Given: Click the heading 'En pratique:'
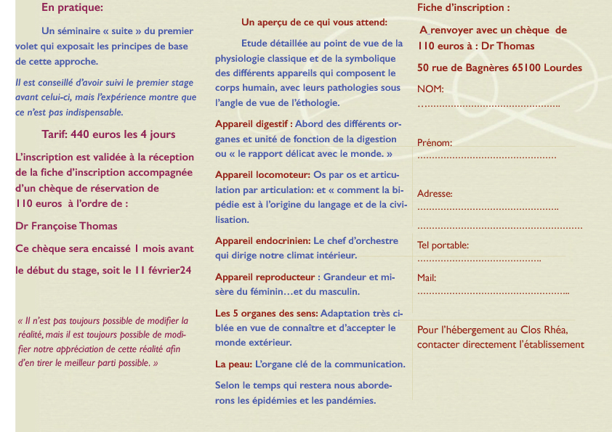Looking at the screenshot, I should [x=72, y=8].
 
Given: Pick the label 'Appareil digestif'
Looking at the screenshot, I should [x=251, y=123].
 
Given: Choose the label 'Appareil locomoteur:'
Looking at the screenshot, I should [x=262, y=174].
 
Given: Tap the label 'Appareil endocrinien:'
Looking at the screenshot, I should [x=263, y=240].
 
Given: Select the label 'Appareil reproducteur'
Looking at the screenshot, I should [x=265, y=277].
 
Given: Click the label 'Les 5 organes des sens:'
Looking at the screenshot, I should [x=267, y=313].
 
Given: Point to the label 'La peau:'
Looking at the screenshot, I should [x=234, y=364].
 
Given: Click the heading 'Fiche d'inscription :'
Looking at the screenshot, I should [x=463, y=8].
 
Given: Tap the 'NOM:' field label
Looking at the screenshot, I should [x=430, y=89].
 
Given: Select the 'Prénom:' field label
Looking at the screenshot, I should [x=435, y=143].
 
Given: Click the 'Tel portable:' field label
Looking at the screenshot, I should [x=443, y=245].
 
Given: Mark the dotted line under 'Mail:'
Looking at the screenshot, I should [x=493, y=293].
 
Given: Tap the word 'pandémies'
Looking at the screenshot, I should [x=352, y=400].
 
